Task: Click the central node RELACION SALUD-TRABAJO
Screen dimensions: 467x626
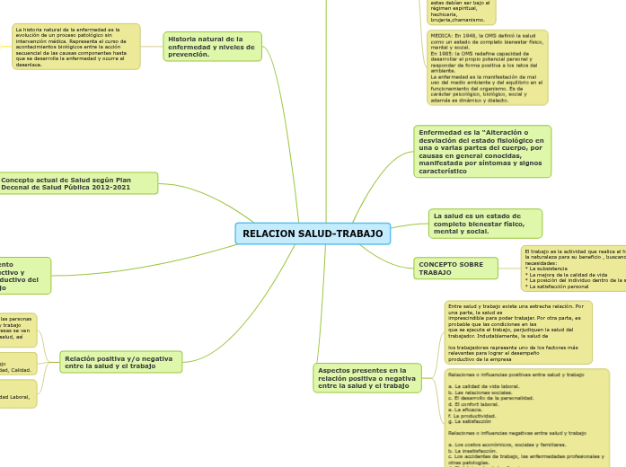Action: pyautogui.click(x=313, y=233)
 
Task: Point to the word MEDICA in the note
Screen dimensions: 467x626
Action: pyautogui.click(x=440, y=37)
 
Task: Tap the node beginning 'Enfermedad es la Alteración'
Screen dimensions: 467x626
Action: pyautogui.click(x=481, y=151)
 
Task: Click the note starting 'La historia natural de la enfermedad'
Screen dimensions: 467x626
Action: pyautogui.click(x=76, y=47)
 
